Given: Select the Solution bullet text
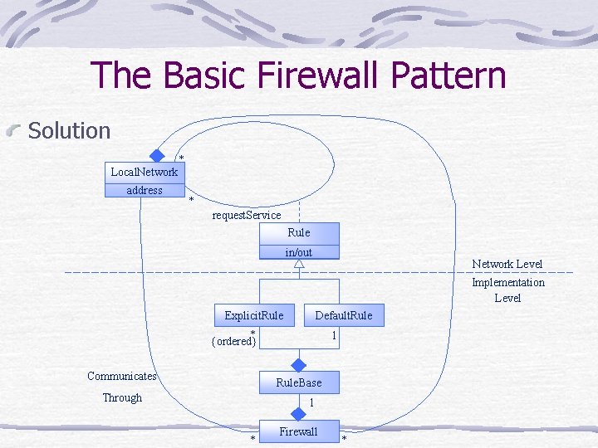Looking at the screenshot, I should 69,130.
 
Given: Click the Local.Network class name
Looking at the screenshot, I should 145,172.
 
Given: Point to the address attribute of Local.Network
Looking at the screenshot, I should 145,190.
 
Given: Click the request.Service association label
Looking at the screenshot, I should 247,215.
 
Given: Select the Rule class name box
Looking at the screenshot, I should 299,233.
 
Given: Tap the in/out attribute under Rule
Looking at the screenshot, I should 299,252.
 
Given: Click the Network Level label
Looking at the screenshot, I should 507,264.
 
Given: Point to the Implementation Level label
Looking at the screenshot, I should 507,290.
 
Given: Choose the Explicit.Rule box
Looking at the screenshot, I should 254,315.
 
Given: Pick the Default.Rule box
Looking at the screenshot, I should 344,315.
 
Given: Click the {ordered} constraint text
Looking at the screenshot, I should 234,341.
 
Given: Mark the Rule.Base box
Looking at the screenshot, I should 299,382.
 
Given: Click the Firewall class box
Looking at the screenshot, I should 298,431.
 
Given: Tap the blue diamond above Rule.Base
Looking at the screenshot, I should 299,363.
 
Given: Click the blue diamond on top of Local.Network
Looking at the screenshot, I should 156,155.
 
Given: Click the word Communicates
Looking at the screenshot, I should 122,376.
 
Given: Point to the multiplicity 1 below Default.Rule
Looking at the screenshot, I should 333,336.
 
